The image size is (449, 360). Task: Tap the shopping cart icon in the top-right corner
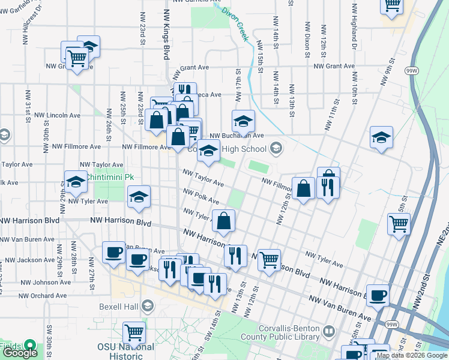pyautogui.click(x=392, y=5)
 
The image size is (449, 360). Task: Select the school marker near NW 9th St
pyautogui.click(x=381, y=138)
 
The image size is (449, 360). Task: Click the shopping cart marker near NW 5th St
pyautogui.click(x=399, y=225)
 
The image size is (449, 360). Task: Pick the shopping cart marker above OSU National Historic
pyautogui.click(x=134, y=332)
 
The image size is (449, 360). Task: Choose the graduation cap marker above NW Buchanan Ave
pyautogui.click(x=244, y=121)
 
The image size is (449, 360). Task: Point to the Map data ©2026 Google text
pyautogui.click(x=412, y=356)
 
